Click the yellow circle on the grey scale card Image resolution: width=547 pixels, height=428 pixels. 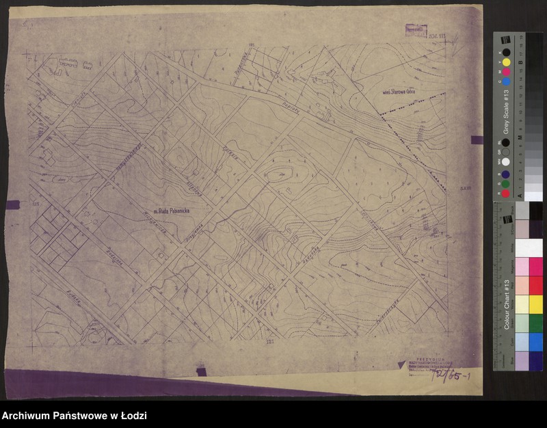click(x=506, y=62)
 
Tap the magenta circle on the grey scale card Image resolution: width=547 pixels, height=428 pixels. click(x=506, y=71)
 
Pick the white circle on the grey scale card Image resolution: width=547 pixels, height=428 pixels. click(x=506, y=162)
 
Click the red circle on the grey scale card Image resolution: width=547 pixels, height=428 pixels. click(x=506, y=193)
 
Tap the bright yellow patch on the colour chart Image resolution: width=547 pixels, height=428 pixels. click(x=536, y=304)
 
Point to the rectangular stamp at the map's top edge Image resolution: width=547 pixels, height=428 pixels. click(x=414, y=30)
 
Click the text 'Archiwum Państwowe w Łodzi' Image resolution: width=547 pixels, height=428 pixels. click(x=75, y=416)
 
